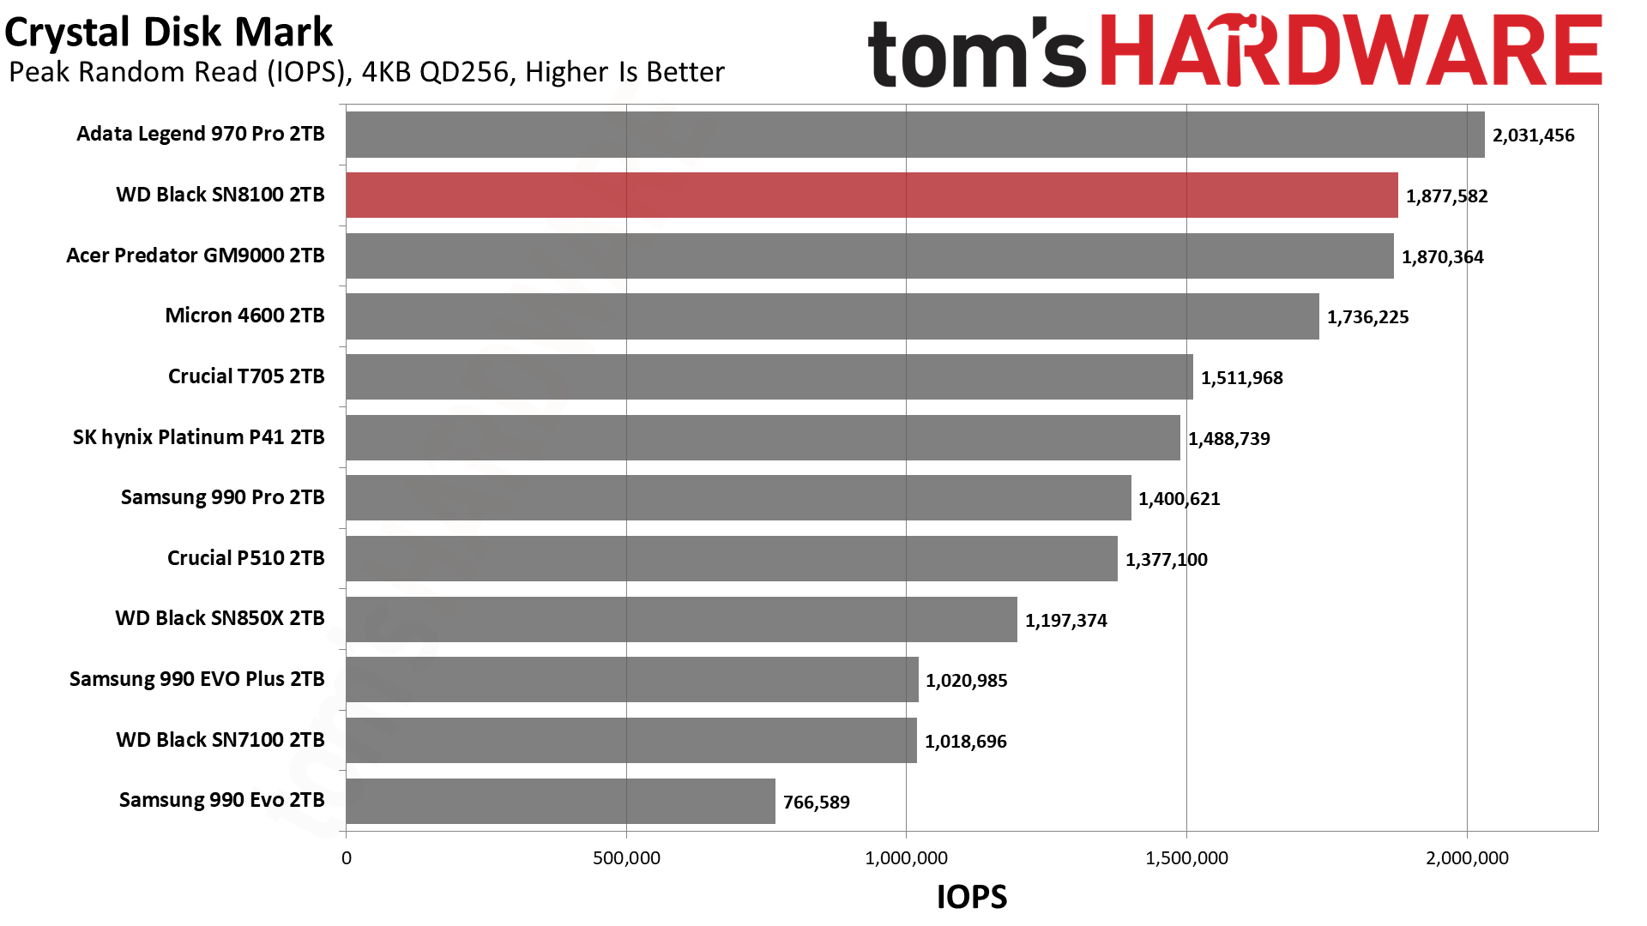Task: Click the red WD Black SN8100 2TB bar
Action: (x=872, y=195)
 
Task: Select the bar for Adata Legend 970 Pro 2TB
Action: (x=914, y=135)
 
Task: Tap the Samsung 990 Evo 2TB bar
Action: (x=560, y=801)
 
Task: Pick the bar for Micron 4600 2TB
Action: (x=832, y=316)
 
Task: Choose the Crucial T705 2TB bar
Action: (x=769, y=376)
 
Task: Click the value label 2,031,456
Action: (x=1533, y=135)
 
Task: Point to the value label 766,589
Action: (x=816, y=803)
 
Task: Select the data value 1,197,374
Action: (x=1065, y=621)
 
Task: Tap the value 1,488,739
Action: (x=1228, y=439)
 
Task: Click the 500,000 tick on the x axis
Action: (x=626, y=858)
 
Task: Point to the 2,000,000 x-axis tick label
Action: (x=1467, y=858)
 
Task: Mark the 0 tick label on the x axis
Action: (x=347, y=858)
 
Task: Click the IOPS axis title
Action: (x=971, y=897)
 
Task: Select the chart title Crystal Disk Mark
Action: (x=168, y=33)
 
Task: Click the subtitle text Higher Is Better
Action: (x=624, y=72)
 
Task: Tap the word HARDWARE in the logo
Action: (x=1351, y=51)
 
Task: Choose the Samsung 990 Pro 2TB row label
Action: (x=222, y=497)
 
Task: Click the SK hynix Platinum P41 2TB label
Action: (x=198, y=437)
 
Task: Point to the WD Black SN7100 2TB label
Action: (x=220, y=740)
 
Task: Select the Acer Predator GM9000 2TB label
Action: (x=196, y=256)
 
